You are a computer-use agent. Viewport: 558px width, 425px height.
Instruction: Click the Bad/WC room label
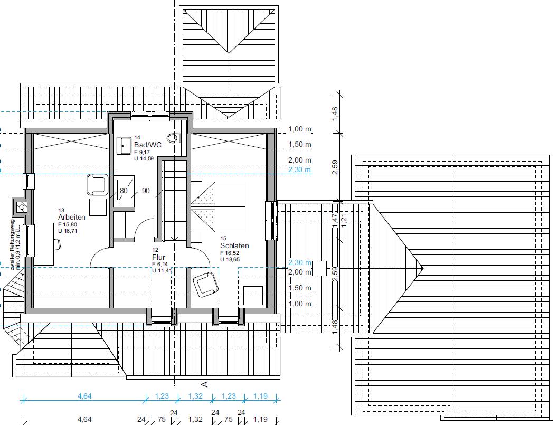click(148, 145)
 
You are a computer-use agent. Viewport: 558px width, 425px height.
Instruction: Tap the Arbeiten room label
click(71, 217)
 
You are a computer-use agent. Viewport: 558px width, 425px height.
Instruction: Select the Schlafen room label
click(234, 245)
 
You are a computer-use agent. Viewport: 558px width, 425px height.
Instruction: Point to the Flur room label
click(159, 257)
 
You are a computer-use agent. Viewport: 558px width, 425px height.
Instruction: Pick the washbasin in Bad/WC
click(125, 145)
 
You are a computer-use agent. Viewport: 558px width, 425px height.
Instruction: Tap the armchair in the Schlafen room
click(205, 284)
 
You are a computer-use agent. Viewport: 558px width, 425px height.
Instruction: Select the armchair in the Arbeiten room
click(97, 184)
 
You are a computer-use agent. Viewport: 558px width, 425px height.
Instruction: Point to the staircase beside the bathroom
click(175, 201)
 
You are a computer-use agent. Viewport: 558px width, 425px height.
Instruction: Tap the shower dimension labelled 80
click(124, 191)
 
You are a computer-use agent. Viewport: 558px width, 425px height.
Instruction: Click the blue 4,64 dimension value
click(84, 396)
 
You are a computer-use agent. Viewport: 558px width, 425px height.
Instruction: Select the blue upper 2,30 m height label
click(300, 170)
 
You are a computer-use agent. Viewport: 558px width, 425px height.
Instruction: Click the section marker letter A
click(204, 384)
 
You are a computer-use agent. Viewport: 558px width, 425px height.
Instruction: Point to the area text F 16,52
click(230, 253)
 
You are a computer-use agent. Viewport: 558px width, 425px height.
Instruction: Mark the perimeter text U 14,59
click(144, 159)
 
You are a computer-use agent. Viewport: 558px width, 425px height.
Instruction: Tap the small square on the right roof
click(319, 268)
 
